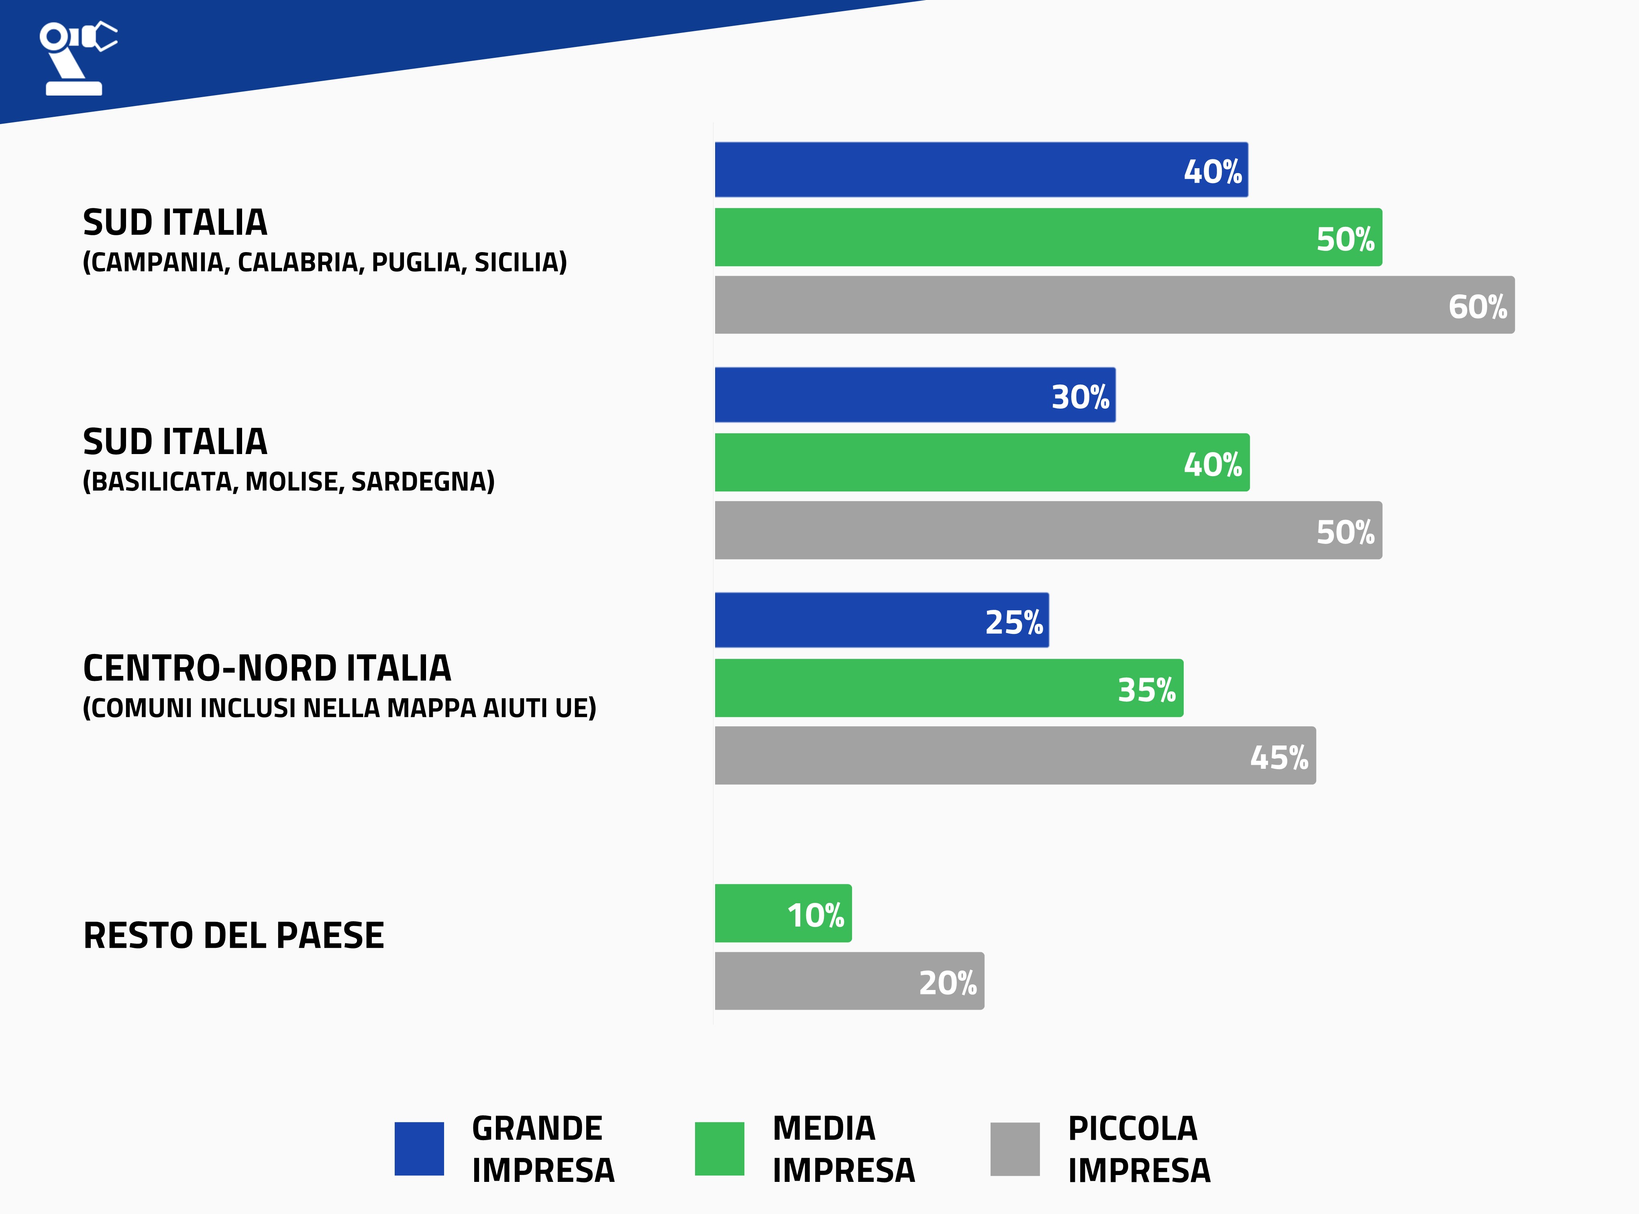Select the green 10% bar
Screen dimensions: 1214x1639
(x=783, y=913)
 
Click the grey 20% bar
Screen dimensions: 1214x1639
(x=849, y=981)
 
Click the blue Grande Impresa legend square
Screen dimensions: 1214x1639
(x=419, y=1149)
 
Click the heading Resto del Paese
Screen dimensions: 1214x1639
(x=234, y=935)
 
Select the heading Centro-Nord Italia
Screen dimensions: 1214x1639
(x=267, y=668)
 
